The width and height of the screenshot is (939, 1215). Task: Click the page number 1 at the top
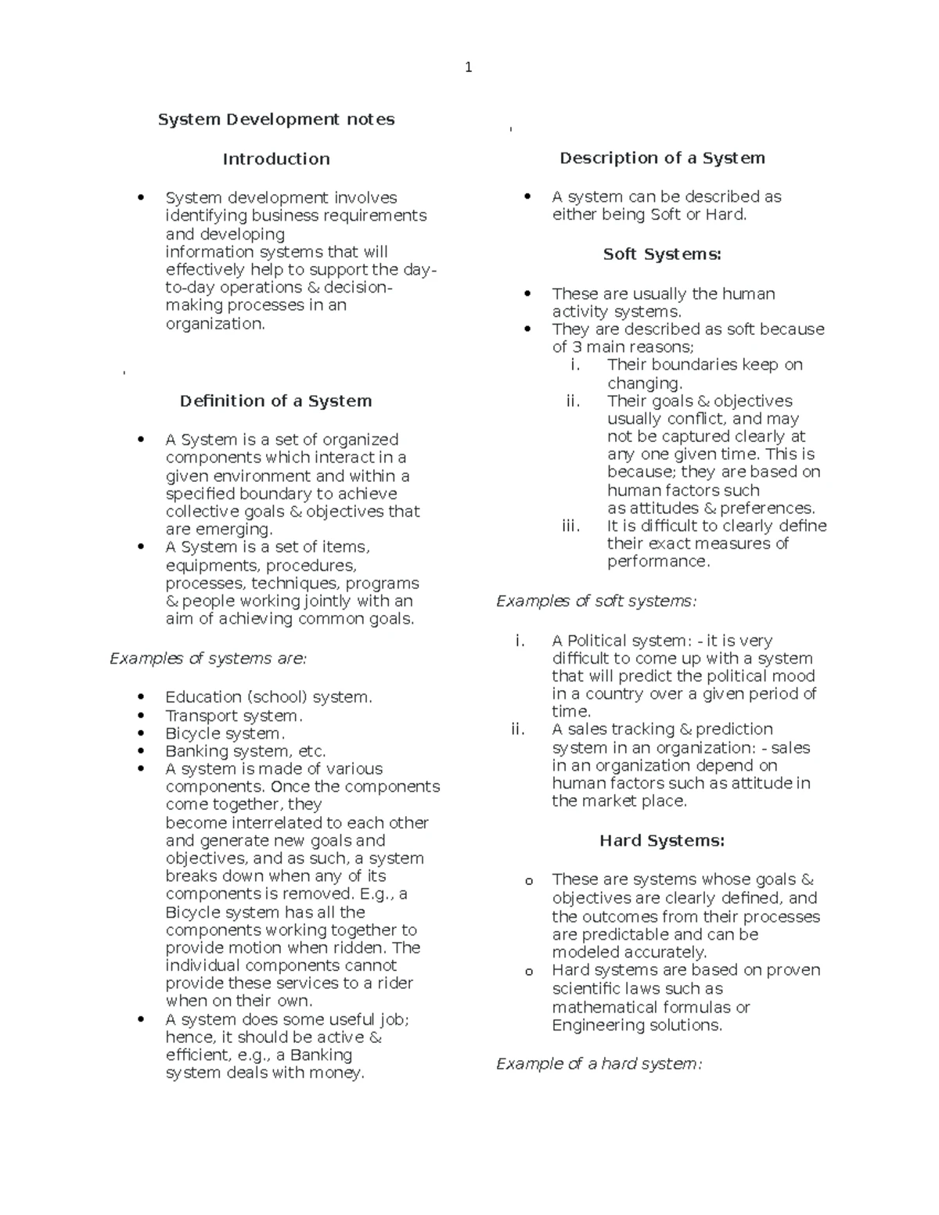coord(468,67)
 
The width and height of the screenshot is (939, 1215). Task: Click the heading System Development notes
coord(276,120)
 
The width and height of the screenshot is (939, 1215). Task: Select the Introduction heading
coord(276,159)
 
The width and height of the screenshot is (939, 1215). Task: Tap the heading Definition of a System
coord(275,401)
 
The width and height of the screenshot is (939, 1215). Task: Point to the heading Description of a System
coord(662,158)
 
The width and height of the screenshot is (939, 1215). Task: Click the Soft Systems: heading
coord(662,254)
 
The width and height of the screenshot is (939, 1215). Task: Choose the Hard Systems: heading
coord(662,841)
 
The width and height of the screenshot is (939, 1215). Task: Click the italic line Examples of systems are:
coord(208,659)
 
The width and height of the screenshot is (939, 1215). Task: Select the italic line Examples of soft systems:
coord(596,602)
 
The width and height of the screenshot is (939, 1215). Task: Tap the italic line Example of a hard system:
coord(599,1064)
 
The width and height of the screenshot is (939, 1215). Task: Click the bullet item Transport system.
coord(233,716)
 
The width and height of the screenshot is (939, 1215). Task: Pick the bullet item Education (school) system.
coord(268,697)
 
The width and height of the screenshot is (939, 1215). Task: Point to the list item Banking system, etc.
coord(245,751)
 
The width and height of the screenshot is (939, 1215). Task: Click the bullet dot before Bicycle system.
coord(141,733)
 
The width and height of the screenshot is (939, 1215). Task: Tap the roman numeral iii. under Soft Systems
coord(571,526)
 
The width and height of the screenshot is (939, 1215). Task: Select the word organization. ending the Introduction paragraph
coord(215,324)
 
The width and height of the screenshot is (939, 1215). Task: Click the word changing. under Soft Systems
coord(645,383)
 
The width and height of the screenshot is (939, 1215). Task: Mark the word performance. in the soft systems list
coord(658,562)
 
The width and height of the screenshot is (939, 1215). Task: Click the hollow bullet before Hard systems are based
coord(529,972)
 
